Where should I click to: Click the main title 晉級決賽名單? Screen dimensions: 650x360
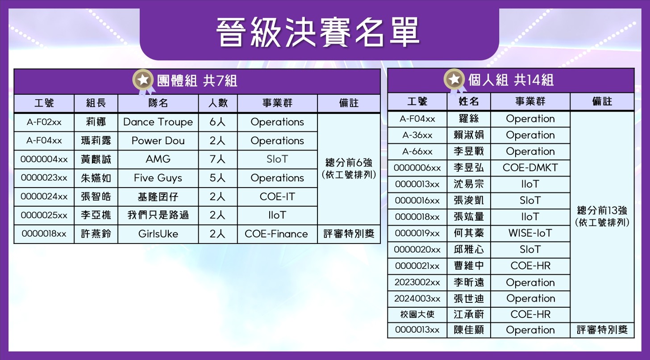coord(318,32)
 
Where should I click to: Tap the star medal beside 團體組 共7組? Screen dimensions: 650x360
coord(143,80)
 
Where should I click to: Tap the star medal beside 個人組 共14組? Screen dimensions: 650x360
coord(454,79)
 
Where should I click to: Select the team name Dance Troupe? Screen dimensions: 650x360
coord(158,122)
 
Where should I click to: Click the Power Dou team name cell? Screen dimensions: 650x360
coord(158,141)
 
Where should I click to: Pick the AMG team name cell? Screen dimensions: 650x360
coord(158,159)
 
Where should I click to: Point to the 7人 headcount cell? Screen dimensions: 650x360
coord(218,159)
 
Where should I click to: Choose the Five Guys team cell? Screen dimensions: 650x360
coord(158,178)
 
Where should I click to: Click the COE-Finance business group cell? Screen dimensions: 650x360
coord(276,234)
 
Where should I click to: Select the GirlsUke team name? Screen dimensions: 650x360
coord(158,234)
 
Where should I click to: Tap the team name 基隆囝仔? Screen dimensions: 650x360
coord(158,197)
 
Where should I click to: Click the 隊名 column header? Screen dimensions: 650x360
coord(158,103)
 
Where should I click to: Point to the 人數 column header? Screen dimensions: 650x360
coord(218,103)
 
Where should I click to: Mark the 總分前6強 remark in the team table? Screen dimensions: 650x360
coord(349,162)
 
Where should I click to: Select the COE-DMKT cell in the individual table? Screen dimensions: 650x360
coord(530,167)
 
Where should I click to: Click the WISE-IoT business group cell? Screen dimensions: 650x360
coord(530,233)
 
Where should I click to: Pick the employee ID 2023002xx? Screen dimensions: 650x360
coord(417,282)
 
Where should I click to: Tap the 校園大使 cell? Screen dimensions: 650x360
coord(417,314)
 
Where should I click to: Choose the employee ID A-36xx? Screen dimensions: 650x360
coord(417,135)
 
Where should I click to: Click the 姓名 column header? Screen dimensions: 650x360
coord(468,101)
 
